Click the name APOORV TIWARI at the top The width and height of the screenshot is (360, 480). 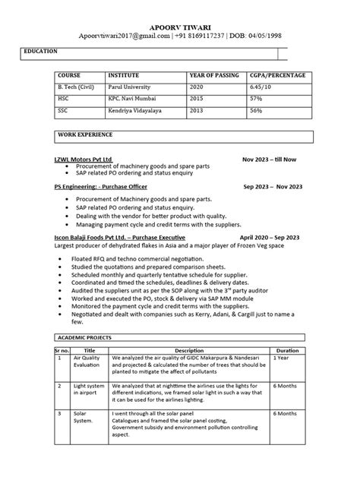click(x=179, y=25)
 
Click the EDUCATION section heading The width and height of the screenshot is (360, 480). click(x=40, y=52)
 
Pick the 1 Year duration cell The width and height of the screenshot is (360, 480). click(x=281, y=357)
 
